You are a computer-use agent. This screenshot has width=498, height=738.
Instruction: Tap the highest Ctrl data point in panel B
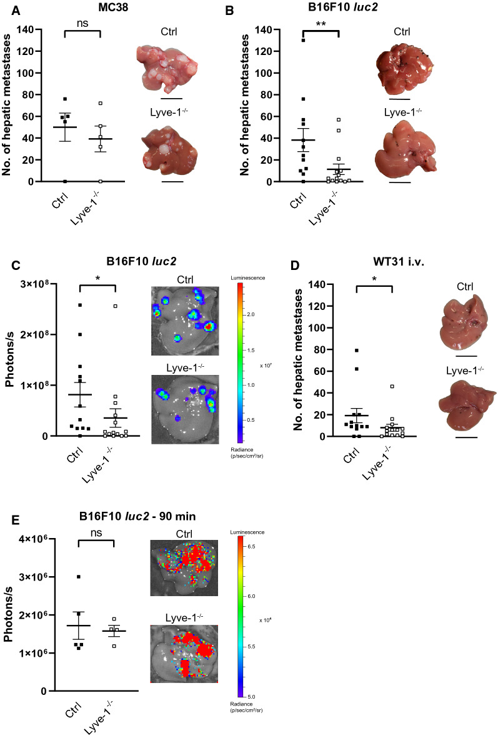(303, 40)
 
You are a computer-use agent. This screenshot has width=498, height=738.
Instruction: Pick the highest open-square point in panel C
(116, 306)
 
